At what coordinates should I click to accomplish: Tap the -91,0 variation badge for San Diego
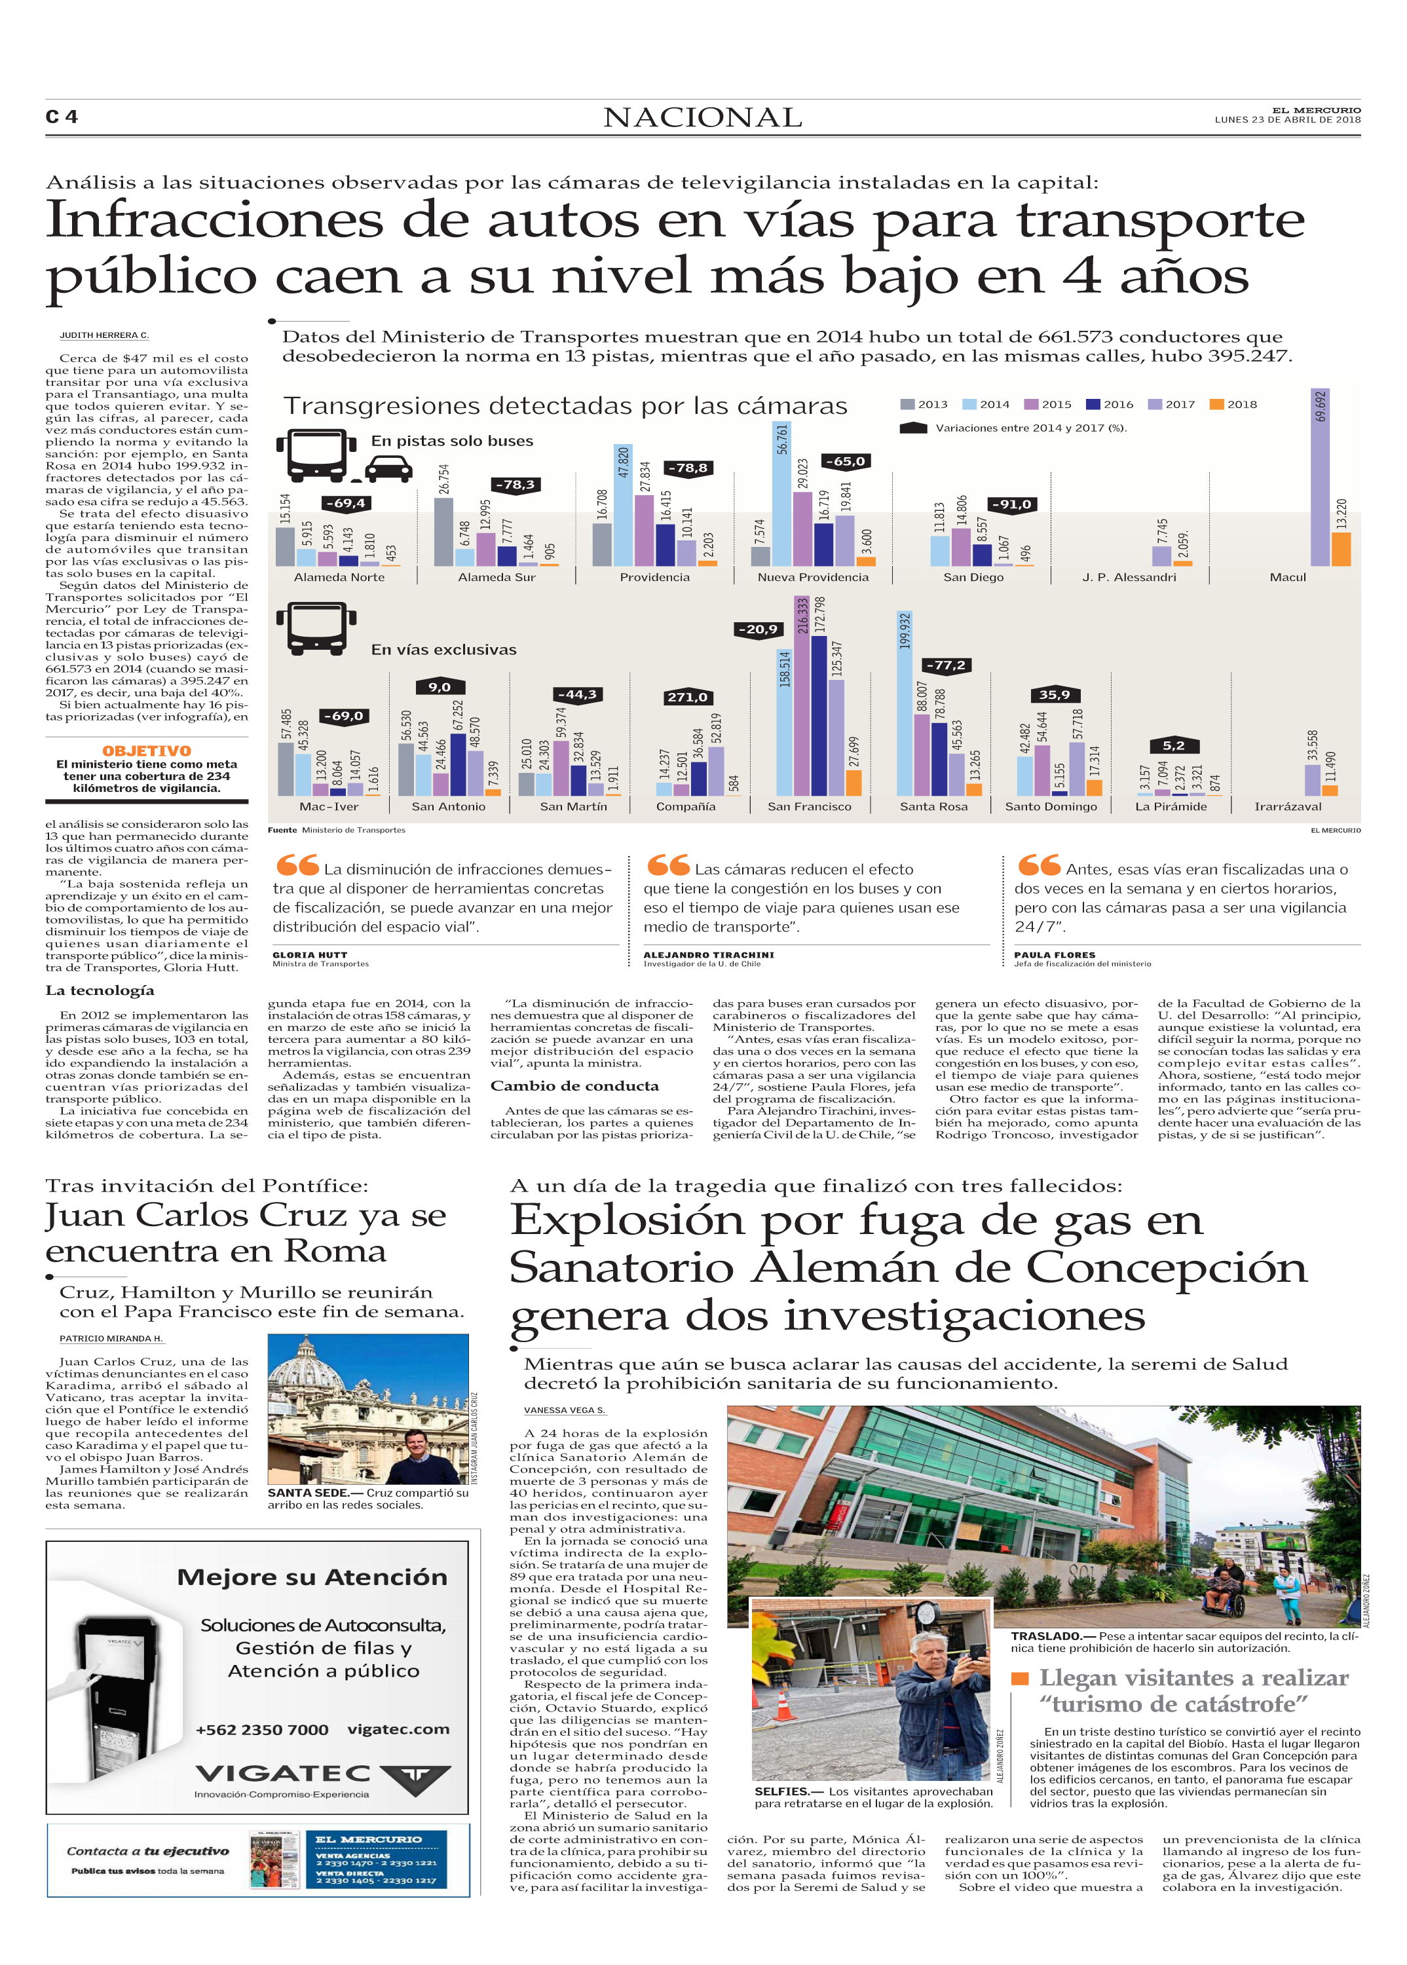[1012, 505]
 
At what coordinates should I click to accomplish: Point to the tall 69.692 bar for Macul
[1319, 477]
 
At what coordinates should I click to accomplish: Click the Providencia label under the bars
[654, 577]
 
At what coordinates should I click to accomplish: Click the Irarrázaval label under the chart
[1287, 806]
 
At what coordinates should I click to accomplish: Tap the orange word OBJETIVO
[147, 751]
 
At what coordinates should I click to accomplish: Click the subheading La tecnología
[100, 990]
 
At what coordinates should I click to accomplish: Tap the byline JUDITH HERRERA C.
[104, 335]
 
